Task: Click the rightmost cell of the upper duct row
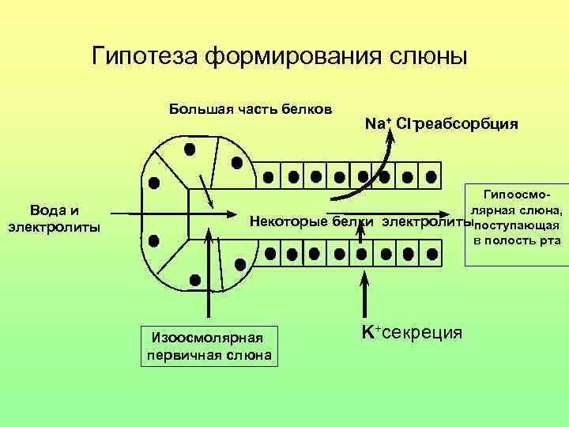(430, 176)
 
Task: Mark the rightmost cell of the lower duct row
(431, 255)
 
